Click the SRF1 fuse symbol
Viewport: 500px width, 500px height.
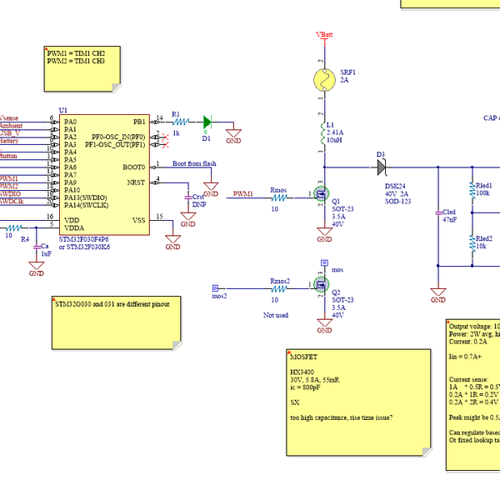(x=323, y=81)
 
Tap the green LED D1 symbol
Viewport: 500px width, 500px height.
(x=207, y=121)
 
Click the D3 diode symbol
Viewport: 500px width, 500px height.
(x=382, y=167)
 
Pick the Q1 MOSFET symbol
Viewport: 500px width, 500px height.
(x=321, y=195)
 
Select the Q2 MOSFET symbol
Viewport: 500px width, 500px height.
(x=321, y=286)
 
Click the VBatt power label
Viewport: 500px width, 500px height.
(x=324, y=34)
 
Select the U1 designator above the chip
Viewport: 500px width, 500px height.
(x=63, y=110)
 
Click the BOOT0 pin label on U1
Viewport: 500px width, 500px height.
(x=134, y=167)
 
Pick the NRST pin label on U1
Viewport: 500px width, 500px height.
(x=136, y=182)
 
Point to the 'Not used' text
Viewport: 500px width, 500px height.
(x=276, y=315)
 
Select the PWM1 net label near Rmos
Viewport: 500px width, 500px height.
(x=243, y=193)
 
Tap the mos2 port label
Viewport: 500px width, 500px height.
(x=219, y=296)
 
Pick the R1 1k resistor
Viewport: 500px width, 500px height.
(x=176, y=122)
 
